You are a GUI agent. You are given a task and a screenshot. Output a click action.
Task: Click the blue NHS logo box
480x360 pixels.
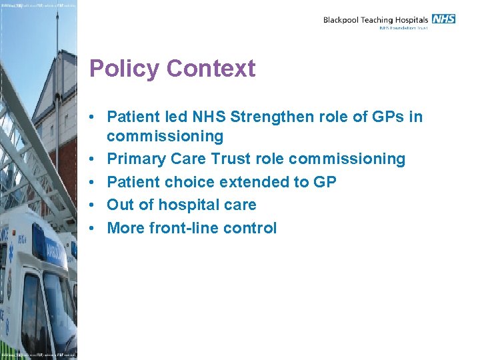click(x=443, y=19)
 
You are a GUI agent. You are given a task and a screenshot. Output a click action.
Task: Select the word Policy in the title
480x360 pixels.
click(x=125, y=69)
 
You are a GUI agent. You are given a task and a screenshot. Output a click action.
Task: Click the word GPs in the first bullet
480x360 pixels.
click(x=390, y=118)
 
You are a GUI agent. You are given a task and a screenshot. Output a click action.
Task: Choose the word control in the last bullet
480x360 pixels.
click(x=250, y=228)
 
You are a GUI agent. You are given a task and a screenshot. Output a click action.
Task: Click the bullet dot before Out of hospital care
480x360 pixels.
click(x=97, y=205)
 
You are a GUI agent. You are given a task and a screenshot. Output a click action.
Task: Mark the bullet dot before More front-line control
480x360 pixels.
click(x=97, y=229)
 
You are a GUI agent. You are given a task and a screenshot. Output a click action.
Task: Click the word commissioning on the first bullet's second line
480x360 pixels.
click(x=165, y=137)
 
